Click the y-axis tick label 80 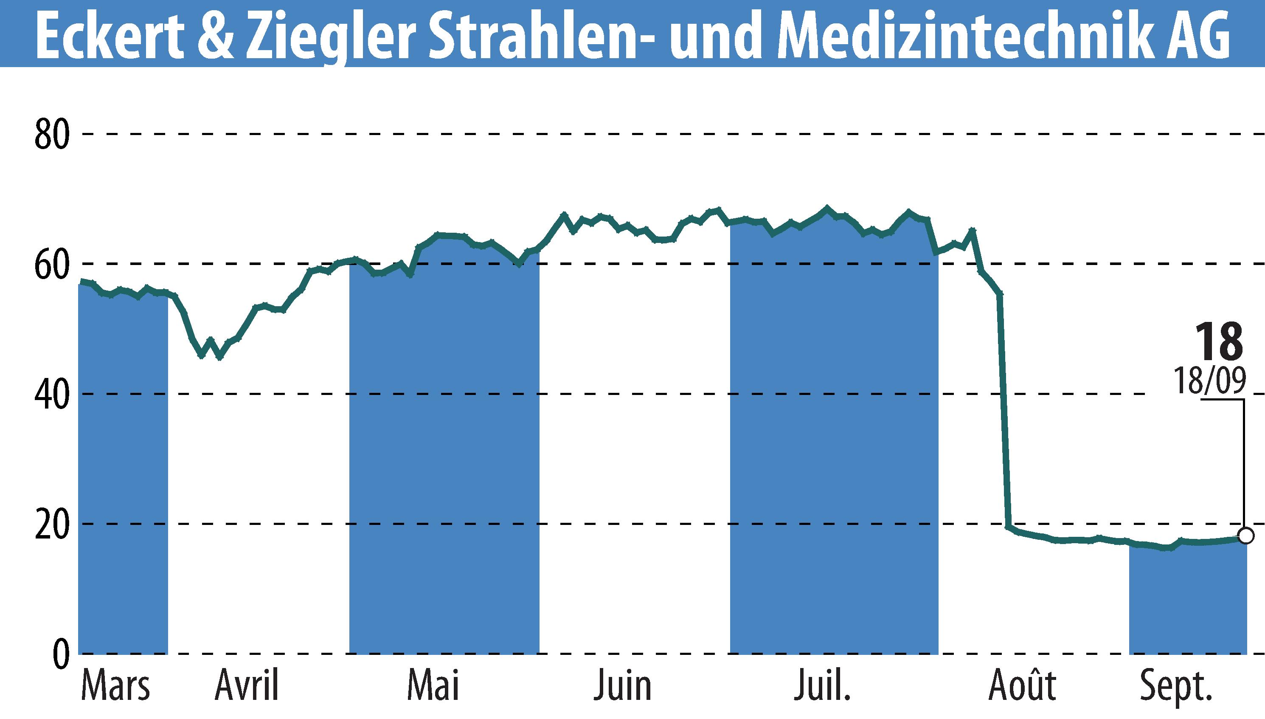coord(51,135)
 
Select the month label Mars coord(115,686)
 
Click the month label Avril coord(247,686)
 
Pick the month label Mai coord(433,686)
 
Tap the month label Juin coord(622,686)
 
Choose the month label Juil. coord(822,686)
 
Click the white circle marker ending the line coord(1246,535)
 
